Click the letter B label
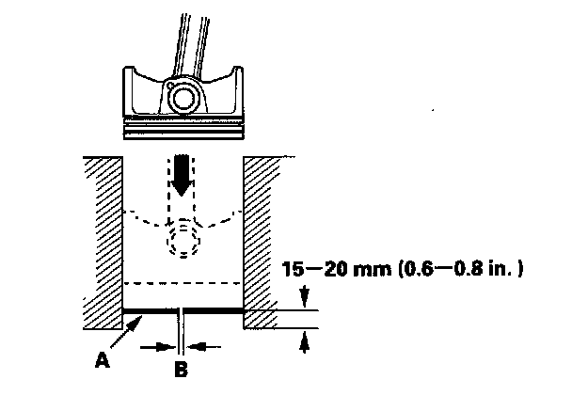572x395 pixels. click(x=183, y=369)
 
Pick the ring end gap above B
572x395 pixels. click(x=182, y=309)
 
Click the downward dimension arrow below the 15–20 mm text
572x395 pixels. click(x=304, y=298)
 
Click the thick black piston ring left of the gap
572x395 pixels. click(x=151, y=309)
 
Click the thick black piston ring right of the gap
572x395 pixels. click(x=214, y=309)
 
